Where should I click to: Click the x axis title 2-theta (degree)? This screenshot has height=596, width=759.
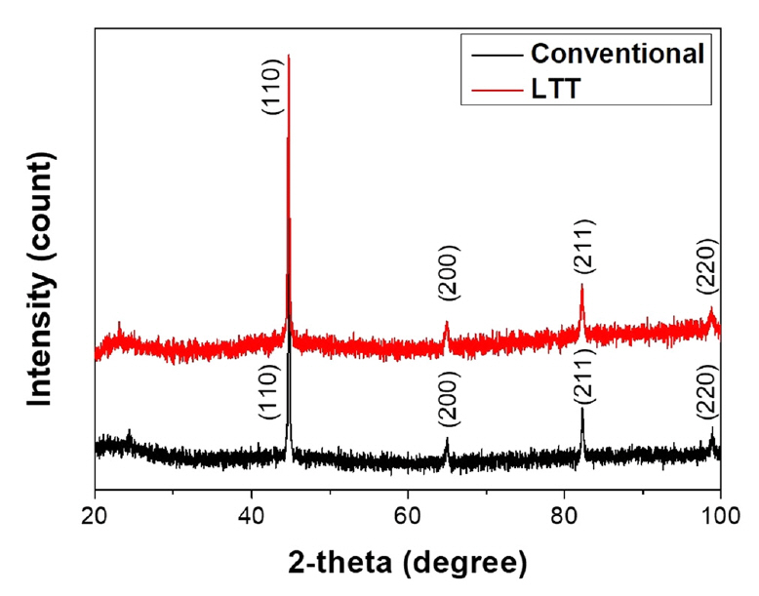(408, 562)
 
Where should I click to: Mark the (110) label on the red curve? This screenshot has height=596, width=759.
(272, 88)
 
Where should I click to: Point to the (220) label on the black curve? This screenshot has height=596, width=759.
(708, 392)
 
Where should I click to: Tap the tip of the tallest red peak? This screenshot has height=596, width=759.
(289, 57)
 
